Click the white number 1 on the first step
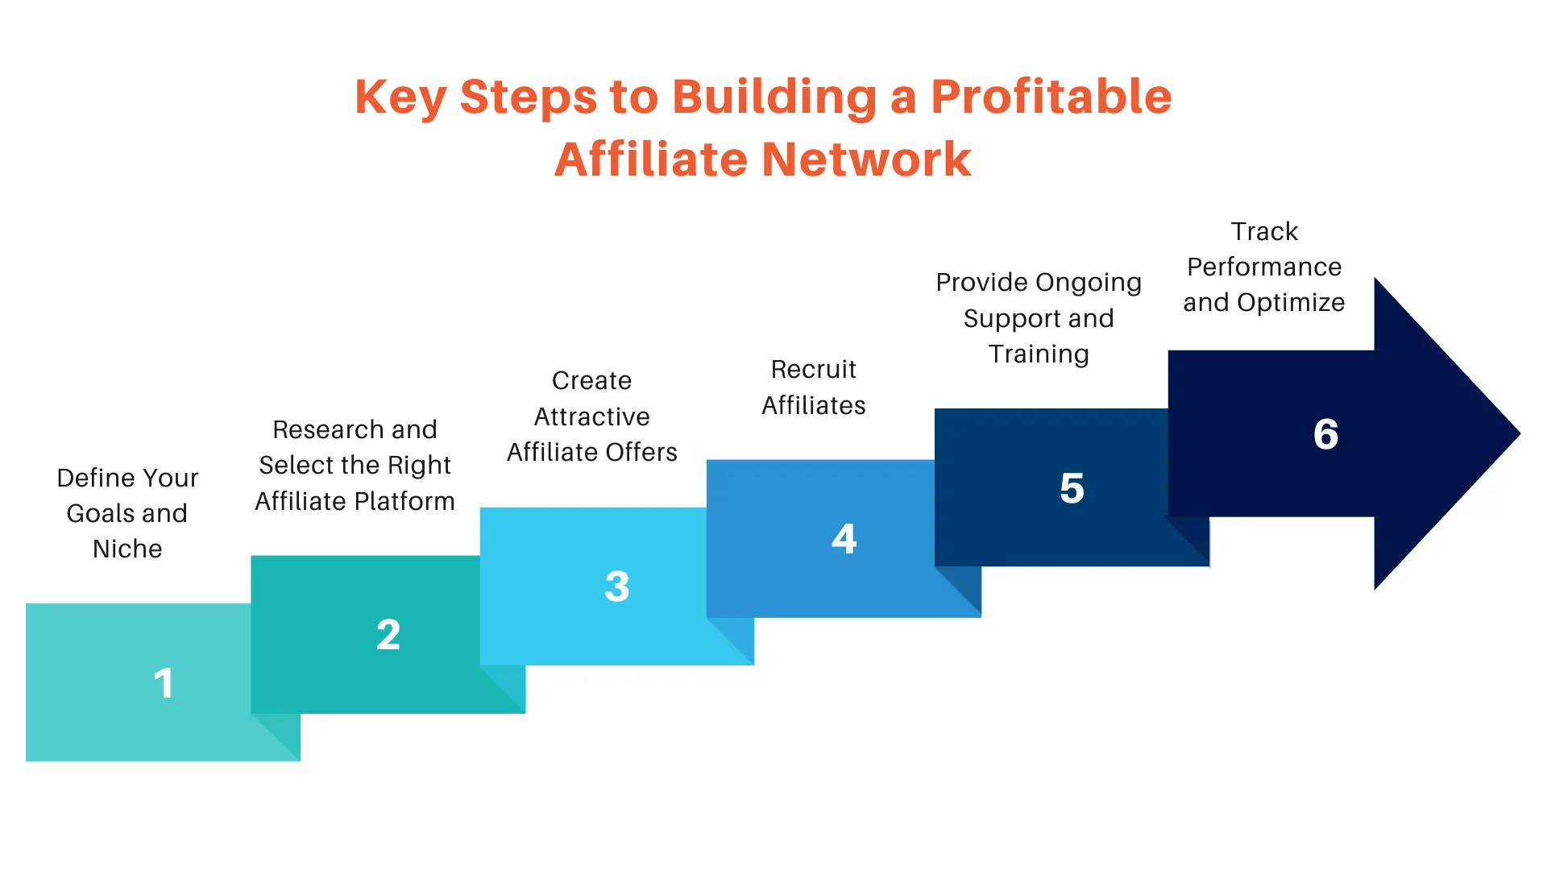(164, 683)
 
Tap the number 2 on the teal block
(388, 635)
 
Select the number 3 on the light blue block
(617, 586)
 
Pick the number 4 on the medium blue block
(844, 538)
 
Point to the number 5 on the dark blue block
(1072, 488)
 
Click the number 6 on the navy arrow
(1326, 434)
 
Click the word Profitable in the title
(1051, 97)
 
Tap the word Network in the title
(867, 159)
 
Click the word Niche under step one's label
(127, 549)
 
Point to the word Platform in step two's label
(404, 501)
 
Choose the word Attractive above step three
(592, 416)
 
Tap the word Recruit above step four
(814, 369)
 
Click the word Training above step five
(1039, 354)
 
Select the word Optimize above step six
(1292, 303)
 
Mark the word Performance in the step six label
(1265, 267)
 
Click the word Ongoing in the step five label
(1089, 283)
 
